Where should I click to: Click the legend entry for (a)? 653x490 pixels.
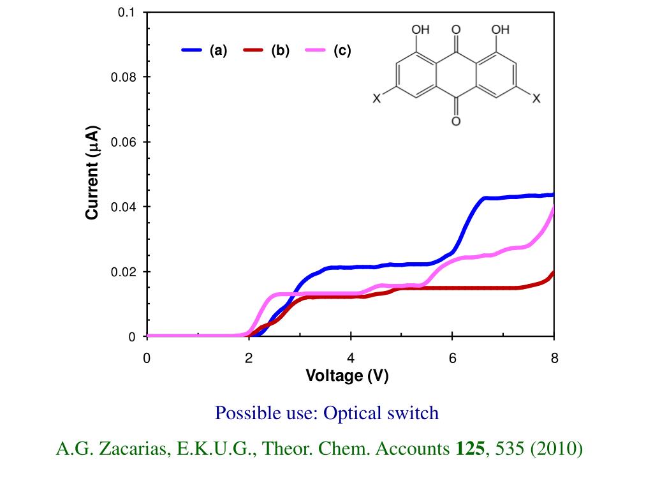(x=205, y=51)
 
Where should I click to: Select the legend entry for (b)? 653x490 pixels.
(x=267, y=51)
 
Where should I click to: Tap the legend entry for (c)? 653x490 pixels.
(x=328, y=51)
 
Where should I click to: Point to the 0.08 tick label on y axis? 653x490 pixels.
(x=123, y=77)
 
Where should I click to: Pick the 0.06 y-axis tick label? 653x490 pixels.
(x=123, y=142)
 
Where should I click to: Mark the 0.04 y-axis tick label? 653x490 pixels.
(x=123, y=207)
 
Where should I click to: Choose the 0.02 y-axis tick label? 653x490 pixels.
(x=123, y=272)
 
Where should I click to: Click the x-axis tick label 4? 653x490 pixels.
(x=351, y=359)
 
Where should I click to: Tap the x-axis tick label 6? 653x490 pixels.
(x=453, y=359)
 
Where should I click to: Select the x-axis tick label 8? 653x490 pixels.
(x=554, y=359)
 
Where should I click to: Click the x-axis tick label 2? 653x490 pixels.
(x=249, y=359)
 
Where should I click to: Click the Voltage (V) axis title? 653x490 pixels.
(x=347, y=376)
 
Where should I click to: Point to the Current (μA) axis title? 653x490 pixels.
(x=92, y=172)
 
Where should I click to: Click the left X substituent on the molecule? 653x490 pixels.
(x=377, y=99)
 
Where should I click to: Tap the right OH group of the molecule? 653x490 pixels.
(x=500, y=29)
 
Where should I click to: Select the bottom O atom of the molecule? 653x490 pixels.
(x=456, y=121)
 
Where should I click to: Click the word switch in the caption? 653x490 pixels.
(x=413, y=413)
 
